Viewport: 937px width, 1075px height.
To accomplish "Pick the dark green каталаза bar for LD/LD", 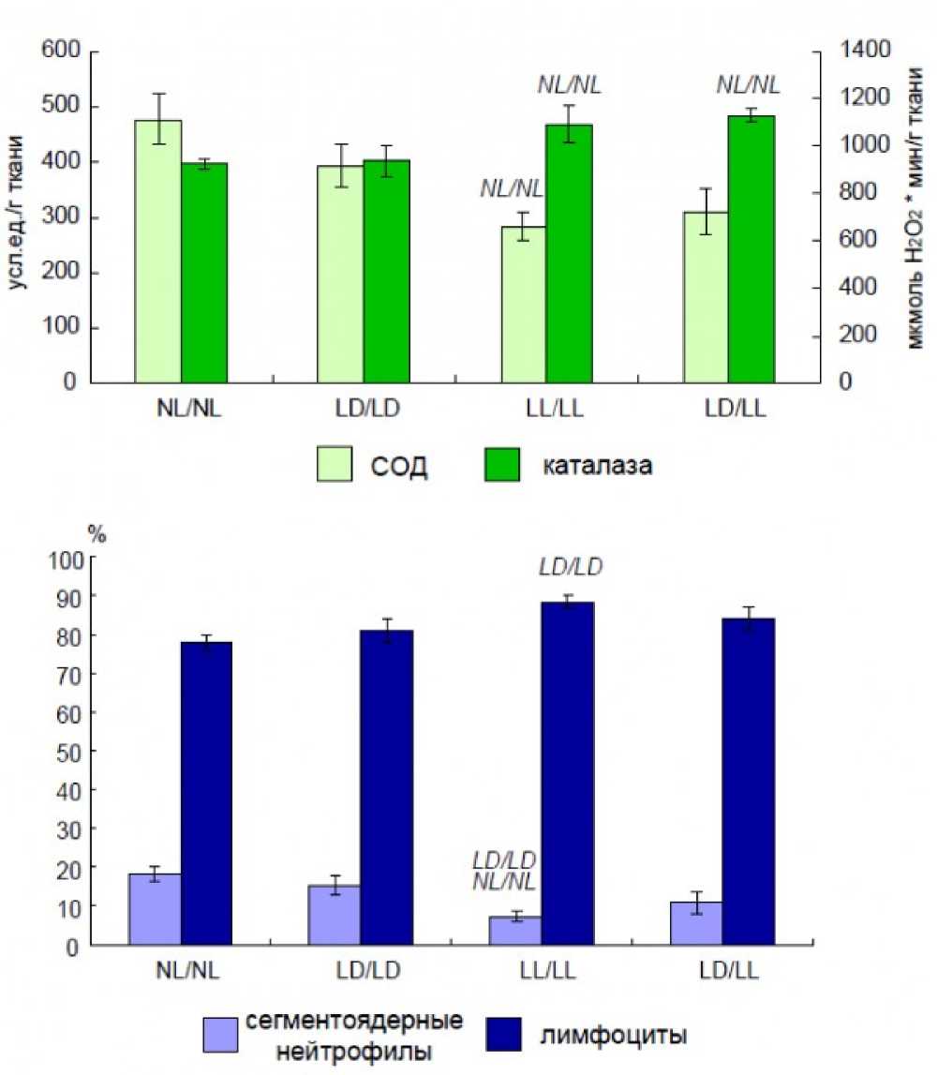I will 386,272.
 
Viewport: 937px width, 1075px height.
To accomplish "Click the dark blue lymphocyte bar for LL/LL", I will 568,773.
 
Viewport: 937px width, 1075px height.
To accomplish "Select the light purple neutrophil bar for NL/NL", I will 156,909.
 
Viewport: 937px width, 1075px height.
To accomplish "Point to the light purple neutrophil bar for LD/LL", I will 696,923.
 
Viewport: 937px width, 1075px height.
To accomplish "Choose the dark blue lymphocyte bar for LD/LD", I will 386,787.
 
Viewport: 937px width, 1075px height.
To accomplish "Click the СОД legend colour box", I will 333,465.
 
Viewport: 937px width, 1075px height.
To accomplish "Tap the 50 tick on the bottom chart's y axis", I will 71,752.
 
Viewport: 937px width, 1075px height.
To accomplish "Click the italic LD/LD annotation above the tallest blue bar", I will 570,567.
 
